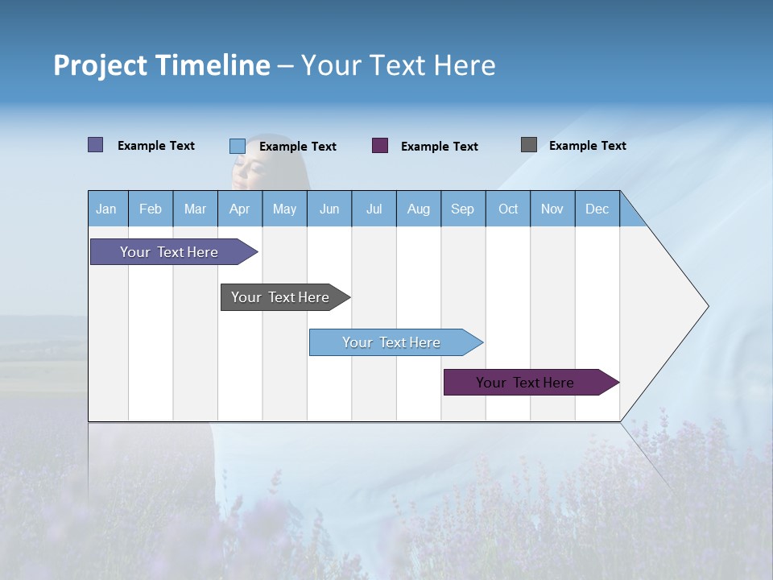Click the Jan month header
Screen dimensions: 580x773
(x=107, y=209)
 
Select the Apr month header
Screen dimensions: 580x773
(x=240, y=209)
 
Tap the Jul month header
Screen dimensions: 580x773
(x=374, y=209)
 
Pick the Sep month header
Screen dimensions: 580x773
(x=463, y=209)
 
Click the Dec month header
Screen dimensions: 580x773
(x=597, y=209)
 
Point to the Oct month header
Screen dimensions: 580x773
(x=508, y=209)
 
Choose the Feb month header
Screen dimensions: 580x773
(x=151, y=209)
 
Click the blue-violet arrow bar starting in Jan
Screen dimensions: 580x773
(x=170, y=252)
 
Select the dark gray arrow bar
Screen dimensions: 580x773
(x=281, y=297)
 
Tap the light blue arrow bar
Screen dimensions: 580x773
(x=392, y=342)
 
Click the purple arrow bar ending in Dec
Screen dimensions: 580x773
(x=526, y=383)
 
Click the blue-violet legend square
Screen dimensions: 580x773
(x=96, y=145)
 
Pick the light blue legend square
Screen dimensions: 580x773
(x=238, y=146)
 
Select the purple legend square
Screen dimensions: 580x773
(x=380, y=146)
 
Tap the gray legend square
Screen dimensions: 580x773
(x=529, y=145)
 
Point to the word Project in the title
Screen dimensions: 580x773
(x=99, y=65)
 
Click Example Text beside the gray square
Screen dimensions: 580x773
(x=587, y=146)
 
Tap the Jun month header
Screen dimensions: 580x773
(x=329, y=209)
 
